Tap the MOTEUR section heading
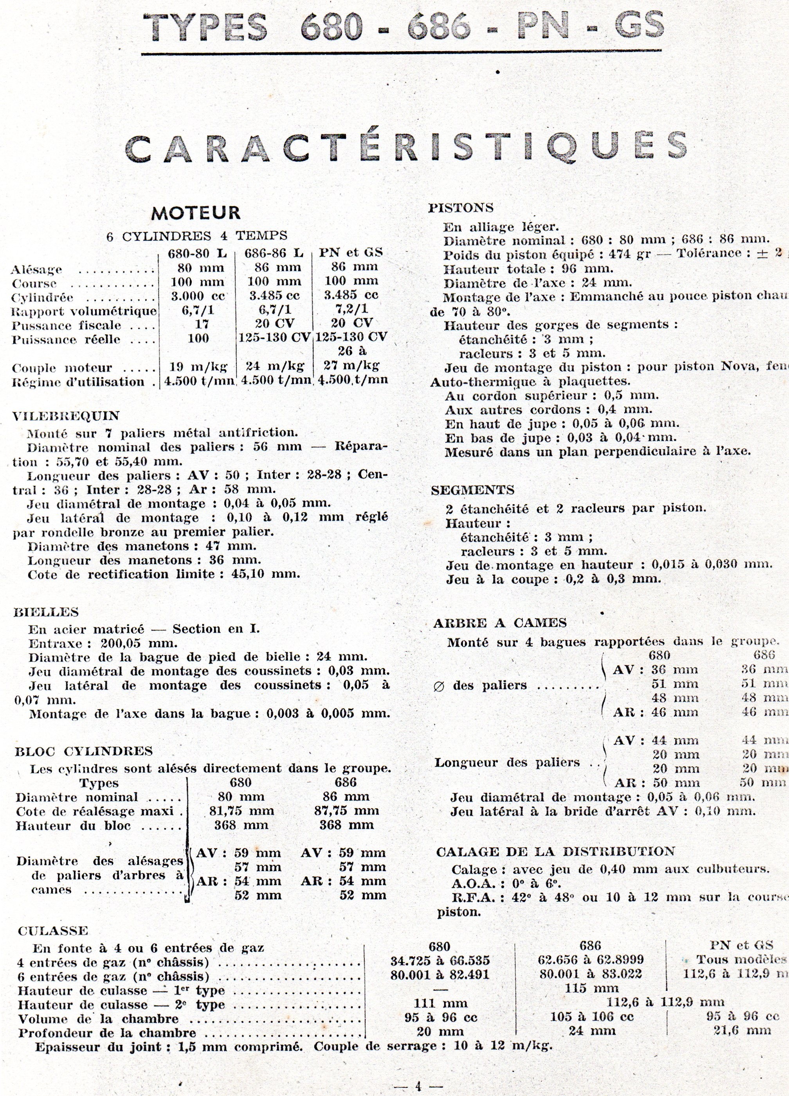tap(196, 213)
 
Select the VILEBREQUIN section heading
tap(67, 416)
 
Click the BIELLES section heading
tap(47, 612)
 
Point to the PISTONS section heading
tap(461, 208)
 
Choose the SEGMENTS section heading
tap(472, 491)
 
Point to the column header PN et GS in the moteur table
tap(351, 252)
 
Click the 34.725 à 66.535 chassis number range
tap(440, 960)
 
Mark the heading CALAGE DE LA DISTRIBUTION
tap(555, 852)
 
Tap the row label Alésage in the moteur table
tap(36, 270)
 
